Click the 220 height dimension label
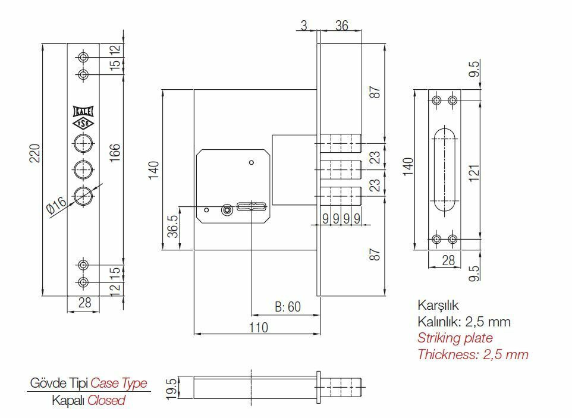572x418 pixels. (x=34, y=153)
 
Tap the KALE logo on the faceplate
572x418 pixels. (x=83, y=111)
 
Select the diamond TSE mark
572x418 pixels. (x=83, y=124)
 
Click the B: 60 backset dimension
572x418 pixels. (x=288, y=307)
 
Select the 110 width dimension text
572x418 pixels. (x=258, y=327)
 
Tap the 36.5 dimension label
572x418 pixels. (x=172, y=226)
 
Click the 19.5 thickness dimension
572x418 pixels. (x=172, y=389)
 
